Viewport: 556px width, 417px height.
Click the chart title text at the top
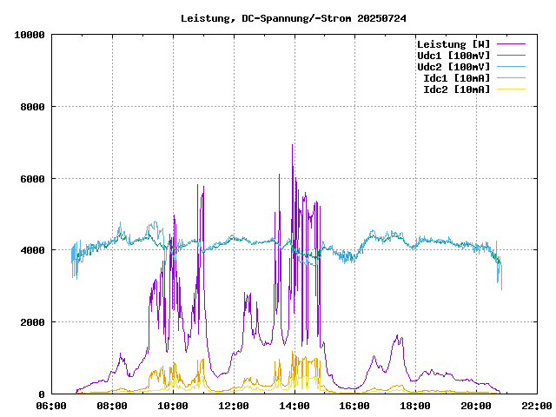click(x=293, y=18)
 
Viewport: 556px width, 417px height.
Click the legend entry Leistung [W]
click(x=453, y=44)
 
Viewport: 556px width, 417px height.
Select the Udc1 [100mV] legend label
click(x=453, y=56)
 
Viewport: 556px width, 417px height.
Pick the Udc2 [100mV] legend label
click(x=453, y=67)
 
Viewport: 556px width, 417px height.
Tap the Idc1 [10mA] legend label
click(x=456, y=78)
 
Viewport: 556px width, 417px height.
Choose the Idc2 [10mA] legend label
click(x=456, y=89)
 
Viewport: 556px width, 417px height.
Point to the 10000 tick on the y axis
click(x=30, y=35)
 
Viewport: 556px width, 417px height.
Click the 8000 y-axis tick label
click(x=33, y=107)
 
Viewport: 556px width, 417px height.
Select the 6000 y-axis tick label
click(x=33, y=179)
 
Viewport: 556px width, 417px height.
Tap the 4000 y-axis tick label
click(x=33, y=251)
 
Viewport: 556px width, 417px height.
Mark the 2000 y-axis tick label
click(x=33, y=322)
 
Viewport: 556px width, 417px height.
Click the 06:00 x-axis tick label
click(x=51, y=406)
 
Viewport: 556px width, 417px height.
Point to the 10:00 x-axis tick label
click(x=173, y=406)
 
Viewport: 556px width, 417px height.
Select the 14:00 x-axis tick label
click(x=295, y=406)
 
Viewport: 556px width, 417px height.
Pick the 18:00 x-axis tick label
click(x=416, y=406)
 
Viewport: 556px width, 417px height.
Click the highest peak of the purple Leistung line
click(x=293, y=145)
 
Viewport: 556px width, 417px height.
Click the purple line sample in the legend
click(x=512, y=44)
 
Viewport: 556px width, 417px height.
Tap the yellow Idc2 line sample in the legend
click(x=512, y=89)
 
